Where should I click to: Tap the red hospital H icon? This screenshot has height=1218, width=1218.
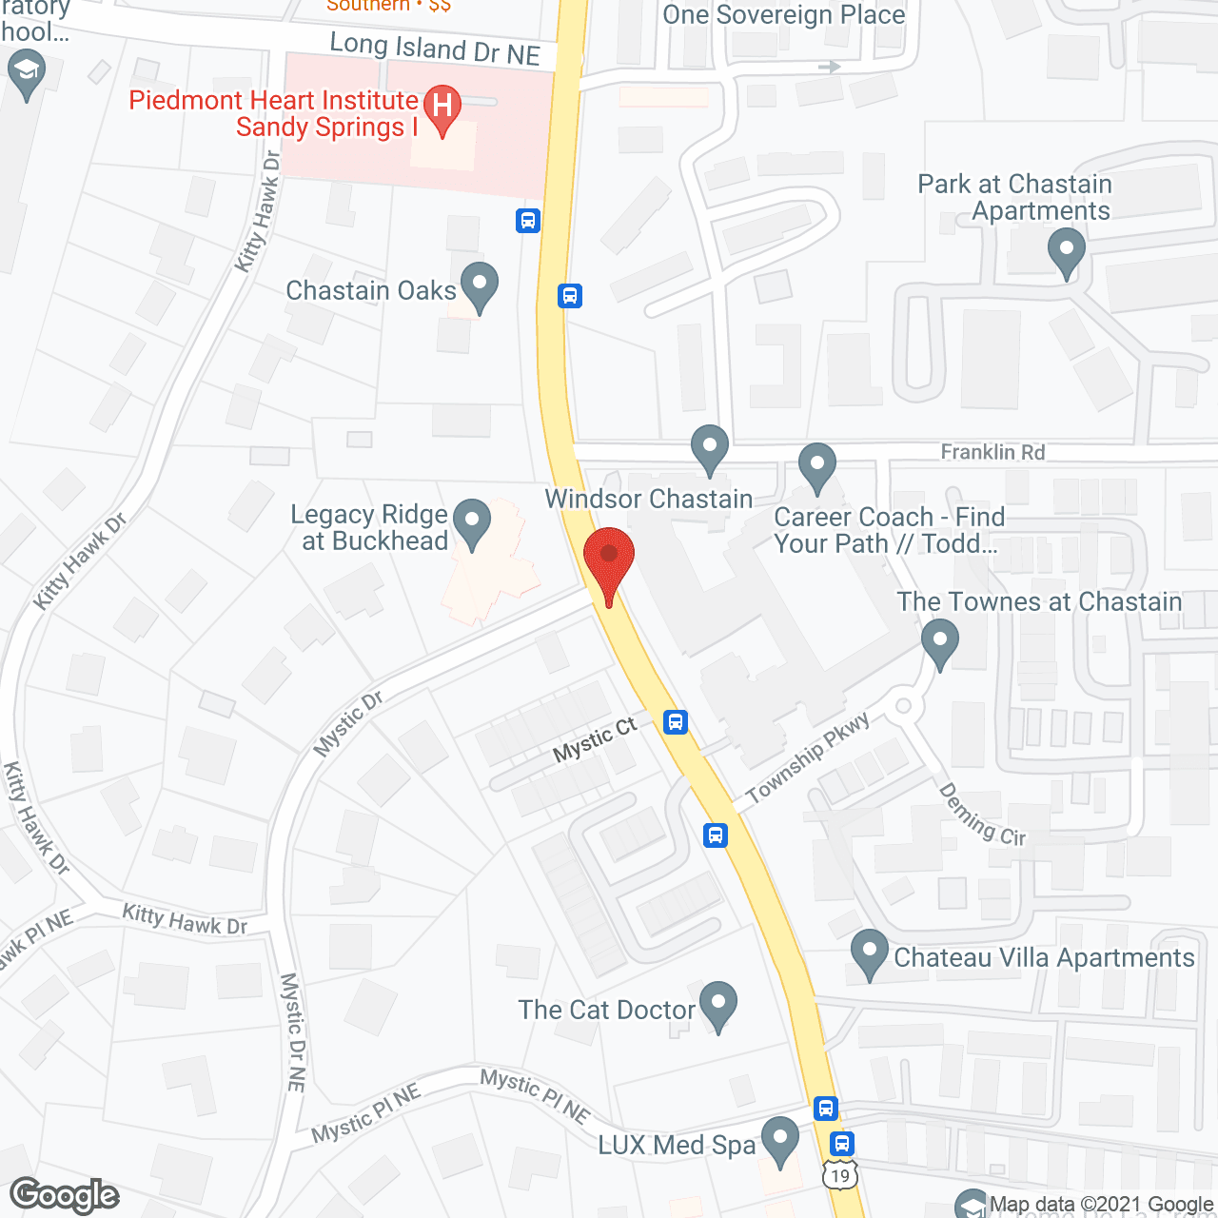(442, 106)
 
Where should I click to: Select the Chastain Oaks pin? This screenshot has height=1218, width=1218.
(479, 285)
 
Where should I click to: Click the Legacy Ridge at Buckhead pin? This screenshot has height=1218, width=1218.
(471, 521)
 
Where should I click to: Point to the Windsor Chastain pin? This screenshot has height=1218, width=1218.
(709, 447)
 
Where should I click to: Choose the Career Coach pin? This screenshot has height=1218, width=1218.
(816, 466)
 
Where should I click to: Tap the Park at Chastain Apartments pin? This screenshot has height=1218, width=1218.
(1066, 253)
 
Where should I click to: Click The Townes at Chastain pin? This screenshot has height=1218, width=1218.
(939, 641)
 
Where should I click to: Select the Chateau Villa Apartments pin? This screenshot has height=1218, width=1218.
(868, 952)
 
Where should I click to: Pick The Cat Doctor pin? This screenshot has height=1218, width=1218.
(717, 1004)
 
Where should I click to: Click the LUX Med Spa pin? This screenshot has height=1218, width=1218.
(780, 1139)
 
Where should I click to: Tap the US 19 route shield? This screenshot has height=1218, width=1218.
(840, 1176)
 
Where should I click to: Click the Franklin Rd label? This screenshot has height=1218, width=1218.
(992, 452)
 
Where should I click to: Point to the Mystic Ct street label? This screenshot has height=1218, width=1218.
(595, 739)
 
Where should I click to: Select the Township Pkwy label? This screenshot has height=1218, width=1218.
(807, 758)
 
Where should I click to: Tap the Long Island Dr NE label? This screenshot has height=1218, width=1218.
(435, 49)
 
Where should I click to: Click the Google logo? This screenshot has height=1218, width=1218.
(65, 1195)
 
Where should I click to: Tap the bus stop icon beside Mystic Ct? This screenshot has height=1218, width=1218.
(676, 721)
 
